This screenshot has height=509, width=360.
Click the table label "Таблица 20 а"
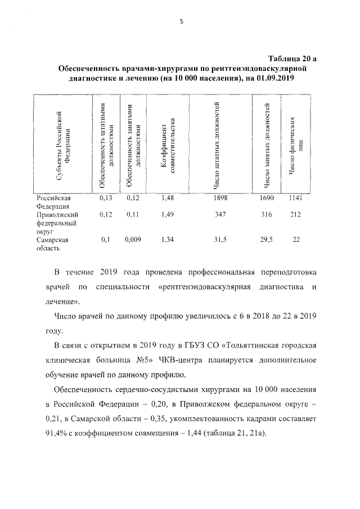tap(292, 58)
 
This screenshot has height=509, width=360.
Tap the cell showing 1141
tap(295, 198)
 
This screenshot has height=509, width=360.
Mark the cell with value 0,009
tap(133, 240)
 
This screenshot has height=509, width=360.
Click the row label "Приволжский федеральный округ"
tap(57, 223)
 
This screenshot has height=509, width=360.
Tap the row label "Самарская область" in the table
tap(52, 244)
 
